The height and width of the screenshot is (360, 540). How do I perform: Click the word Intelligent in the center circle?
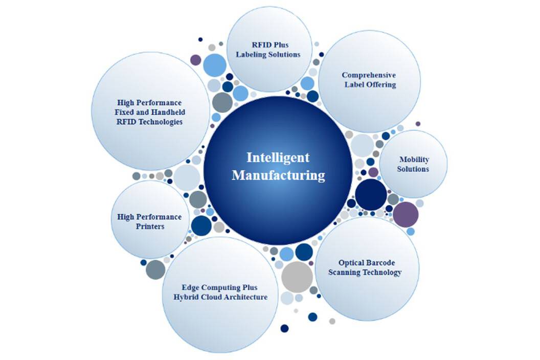pyautogui.click(x=278, y=157)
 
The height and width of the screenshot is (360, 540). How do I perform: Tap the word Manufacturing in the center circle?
pyautogui.click(x=278, y=175)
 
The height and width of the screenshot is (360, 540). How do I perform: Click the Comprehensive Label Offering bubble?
pyautogui.click(x=369, y=80)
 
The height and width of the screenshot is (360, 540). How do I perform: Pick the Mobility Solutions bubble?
pyautogui.click(x=414, y=164)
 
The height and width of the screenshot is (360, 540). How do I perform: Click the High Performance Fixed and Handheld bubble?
pyautogui.click(x=150, y=111)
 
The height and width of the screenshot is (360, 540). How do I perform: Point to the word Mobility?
pyautogui.click(x=414, y=159)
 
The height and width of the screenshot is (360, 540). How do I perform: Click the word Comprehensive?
pyautogui.click(x=369, y=75)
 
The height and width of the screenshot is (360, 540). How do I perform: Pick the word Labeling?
pyautogui.click(x=252, y=54)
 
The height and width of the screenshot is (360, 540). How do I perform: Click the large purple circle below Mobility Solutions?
pyautogui.click(x=406, y=214)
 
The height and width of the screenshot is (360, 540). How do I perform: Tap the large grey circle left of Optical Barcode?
pyautogui.click(x=297, y=277)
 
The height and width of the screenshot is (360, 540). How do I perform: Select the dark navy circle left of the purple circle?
pyautogui.click(x=371, y=195)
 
